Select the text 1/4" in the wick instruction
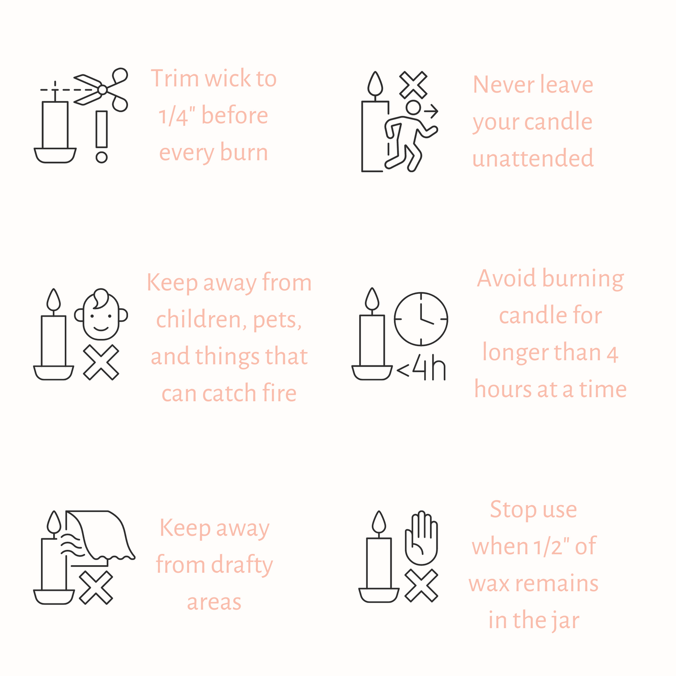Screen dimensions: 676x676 click(x=177, y=116)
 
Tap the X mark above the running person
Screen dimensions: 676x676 click(x=413, y=85)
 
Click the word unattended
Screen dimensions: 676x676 click(x=533, y=159)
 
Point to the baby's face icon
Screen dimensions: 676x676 click(x=101, y=314)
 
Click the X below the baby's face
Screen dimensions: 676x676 click(x=101, y=362)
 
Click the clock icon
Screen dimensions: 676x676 click(x=421, y=319)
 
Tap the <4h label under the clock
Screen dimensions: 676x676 click(x=421, y=369)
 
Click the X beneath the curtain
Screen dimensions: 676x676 click(x=96, y=587)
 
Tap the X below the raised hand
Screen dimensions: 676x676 click(x=421, y=585)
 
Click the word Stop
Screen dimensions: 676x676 click(x=509, y=510)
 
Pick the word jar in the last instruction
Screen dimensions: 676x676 click(x=564, y=621)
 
